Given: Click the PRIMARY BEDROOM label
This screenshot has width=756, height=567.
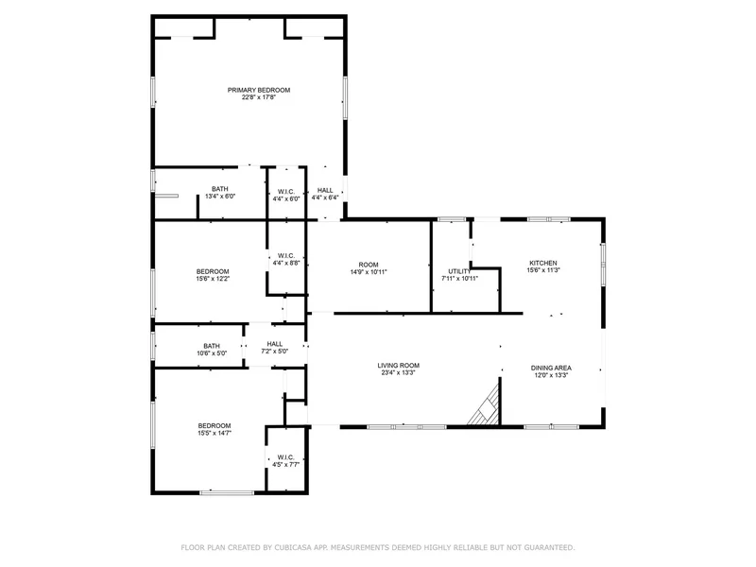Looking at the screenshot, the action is pyautogui.click(x=259, y=90).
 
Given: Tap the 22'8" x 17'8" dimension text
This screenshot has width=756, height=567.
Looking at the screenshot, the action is pyautogui.click(x=259, y=97).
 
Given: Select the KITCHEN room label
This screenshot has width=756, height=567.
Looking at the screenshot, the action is pyautogui.click(x=543, y=264).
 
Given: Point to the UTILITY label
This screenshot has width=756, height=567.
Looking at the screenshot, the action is pyautogui.click(x=459, y=271).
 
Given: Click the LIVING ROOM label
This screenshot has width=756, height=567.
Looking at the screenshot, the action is pyautogui.click(x=398, y=366).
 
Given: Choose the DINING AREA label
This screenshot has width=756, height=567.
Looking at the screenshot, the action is pyautogui.click(x=551, y=368).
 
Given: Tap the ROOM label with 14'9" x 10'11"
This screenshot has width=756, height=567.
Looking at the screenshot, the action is pyautogui.click(x=369, y=265).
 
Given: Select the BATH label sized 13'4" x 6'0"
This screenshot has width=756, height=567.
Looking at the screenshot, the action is pyautogui.click(x=220, y=189).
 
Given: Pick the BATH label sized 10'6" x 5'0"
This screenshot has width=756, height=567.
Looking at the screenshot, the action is pyautogui.click(x=212, y=346).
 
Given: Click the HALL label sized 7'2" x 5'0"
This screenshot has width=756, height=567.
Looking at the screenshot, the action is pyautogui.click(x=275, y=344).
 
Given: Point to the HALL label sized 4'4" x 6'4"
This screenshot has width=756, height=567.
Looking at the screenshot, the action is pyautogui.click(x=325, y=191).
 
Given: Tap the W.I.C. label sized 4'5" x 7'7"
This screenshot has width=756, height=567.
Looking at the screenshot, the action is pyautogui.click(x=285, y=457).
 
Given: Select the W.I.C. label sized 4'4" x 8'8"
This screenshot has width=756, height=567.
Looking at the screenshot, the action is pyautogui.click(x=286, y=255).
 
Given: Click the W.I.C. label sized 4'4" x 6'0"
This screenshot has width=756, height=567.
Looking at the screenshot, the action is pyautogui.click(x=286, y=192).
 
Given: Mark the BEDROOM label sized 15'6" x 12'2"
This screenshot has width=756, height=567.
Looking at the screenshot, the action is pyautogui.click(x=213, y=271).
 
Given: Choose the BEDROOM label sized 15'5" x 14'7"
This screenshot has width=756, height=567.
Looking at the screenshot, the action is pyautogui.click(x=215, y=426).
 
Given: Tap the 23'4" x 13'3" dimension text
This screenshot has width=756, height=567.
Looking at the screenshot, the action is pyautogui.click(x=398, y=372).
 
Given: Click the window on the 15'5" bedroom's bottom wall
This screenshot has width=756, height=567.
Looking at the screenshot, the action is pyautogui.click(x=227, y=492).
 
